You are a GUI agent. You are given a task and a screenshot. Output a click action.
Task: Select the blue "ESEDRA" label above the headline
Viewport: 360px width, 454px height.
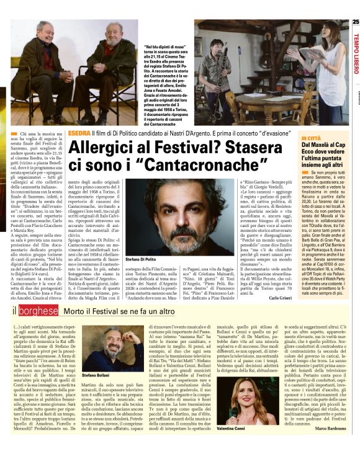coord(79,133)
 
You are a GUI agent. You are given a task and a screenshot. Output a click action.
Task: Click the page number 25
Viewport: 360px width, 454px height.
coord(355,22)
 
